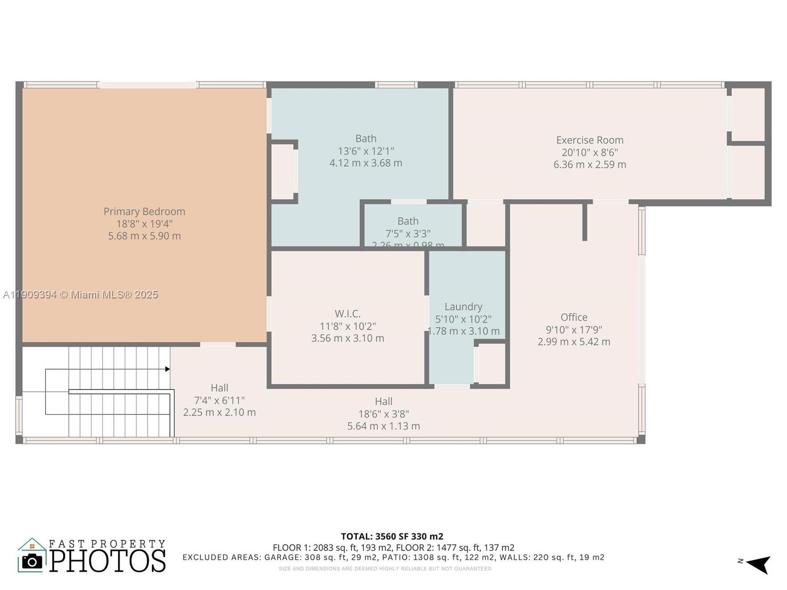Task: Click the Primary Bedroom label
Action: [144, 211]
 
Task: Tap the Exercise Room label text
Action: [590, 140]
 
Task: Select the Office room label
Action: [574, 317]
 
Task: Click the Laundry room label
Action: [463, 307]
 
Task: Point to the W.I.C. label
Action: [347, 314]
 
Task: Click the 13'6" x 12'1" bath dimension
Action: [365, 151]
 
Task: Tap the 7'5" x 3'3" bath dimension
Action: [408, 234]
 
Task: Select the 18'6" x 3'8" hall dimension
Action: [383, 414]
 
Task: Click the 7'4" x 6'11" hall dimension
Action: [219, 400]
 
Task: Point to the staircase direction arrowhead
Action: [168, 369]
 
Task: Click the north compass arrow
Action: [759, 564]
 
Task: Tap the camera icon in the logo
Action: [32, 561]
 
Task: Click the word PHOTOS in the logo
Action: [108, 561]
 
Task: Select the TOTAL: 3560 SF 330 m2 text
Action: [392, 536]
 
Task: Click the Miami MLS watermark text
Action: [80, 295]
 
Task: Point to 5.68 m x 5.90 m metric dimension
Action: [144, 236]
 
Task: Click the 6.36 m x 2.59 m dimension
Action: [590, 165]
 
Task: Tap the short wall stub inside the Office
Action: [584, 222]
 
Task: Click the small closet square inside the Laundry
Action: [491, 364]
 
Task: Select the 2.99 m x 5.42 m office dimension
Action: [574, 342]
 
